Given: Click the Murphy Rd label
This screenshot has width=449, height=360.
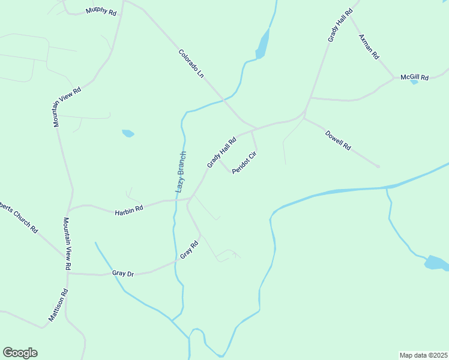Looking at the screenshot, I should [x=101, y=11].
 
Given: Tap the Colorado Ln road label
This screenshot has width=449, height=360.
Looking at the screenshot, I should [x=192, y=64].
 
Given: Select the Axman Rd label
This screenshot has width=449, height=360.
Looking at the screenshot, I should [x=369, y=46].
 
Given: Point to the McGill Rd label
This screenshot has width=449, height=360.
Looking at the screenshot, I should [x=415, y=77].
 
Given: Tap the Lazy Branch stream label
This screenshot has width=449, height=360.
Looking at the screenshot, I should [x=181, y=172].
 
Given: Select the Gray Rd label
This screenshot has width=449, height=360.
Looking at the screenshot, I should [x=190, y=250].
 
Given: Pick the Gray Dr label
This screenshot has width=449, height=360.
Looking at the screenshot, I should [x=123, y=274].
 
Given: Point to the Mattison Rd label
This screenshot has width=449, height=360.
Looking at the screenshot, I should [x=58, y=305].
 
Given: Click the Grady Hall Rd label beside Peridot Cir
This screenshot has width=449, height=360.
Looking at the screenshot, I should [x=221, y=152].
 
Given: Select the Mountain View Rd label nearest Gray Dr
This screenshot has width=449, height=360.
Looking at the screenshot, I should [x=67, y=244].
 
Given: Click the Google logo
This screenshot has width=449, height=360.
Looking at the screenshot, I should [x=20, y=353].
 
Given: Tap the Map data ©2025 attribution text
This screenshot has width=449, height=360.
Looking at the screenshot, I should [x=423, y=355].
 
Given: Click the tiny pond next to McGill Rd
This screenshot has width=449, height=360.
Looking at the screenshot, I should [x=414, y=82].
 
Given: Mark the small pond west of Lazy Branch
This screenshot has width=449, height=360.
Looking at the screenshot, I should [x=128, y=133].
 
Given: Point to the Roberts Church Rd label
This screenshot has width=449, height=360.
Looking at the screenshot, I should [x=19, y=214].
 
